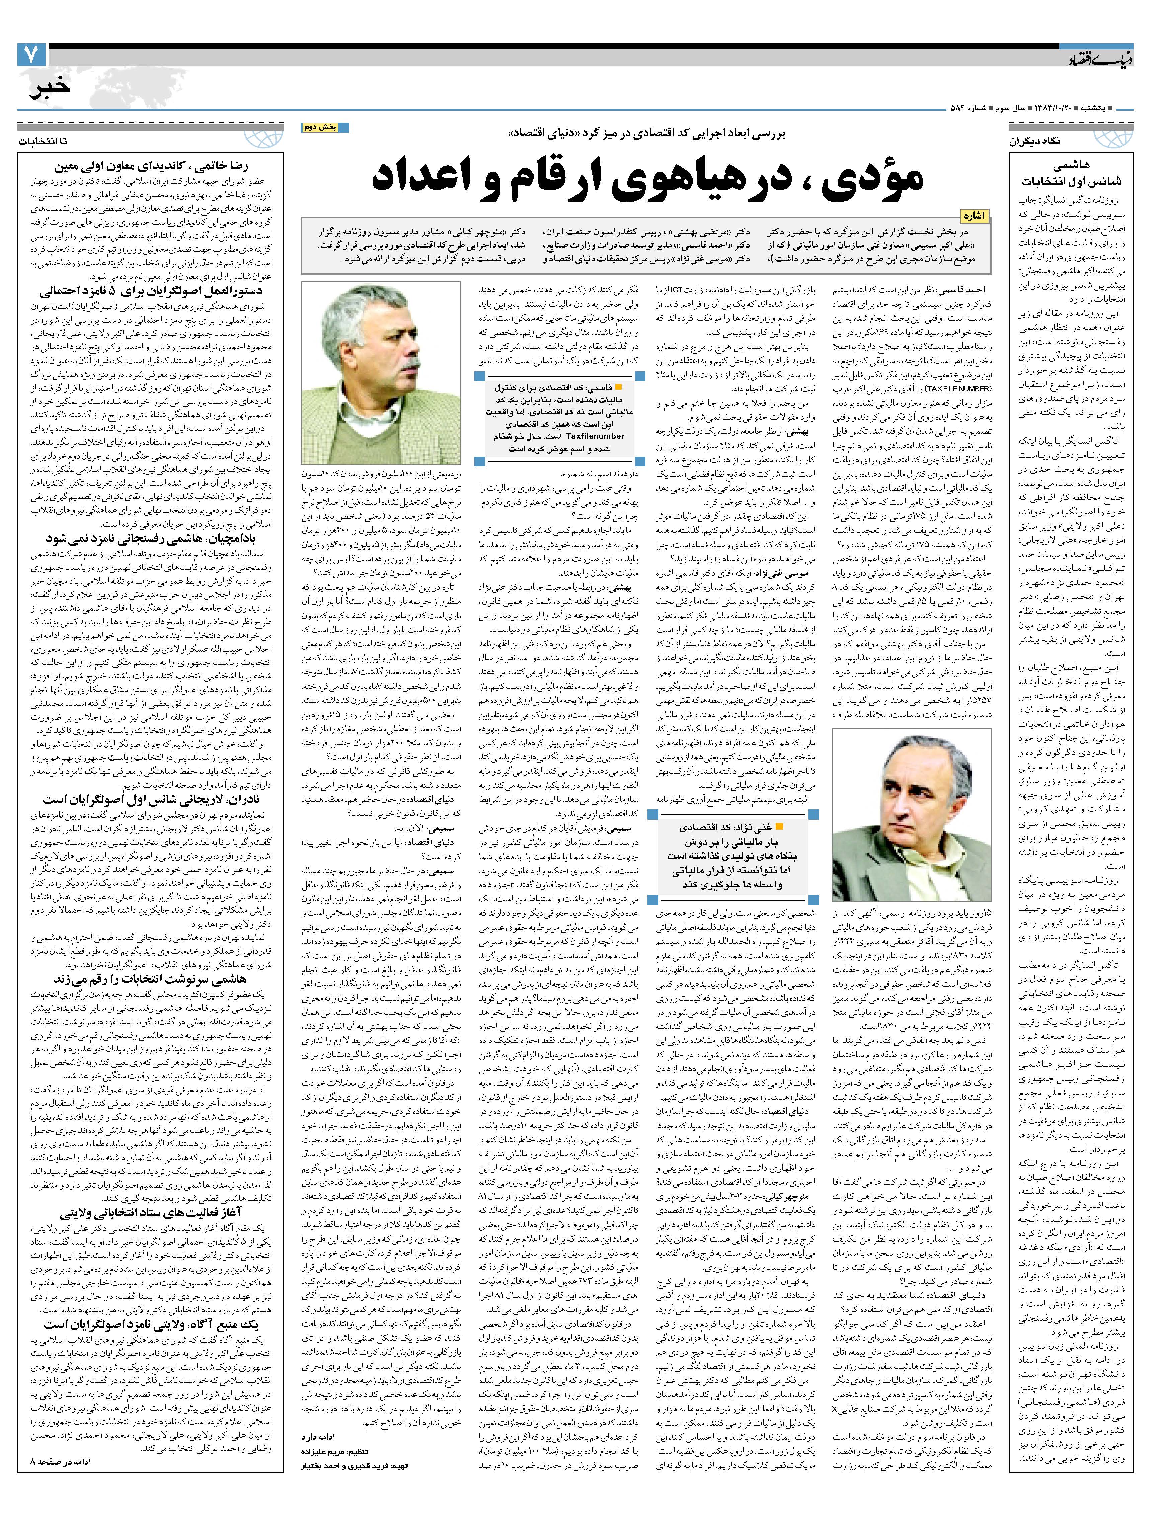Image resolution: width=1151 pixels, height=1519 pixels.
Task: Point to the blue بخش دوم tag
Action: (x=324, y=128)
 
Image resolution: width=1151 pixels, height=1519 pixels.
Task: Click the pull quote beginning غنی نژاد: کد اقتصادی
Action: (x=737, y=856)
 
